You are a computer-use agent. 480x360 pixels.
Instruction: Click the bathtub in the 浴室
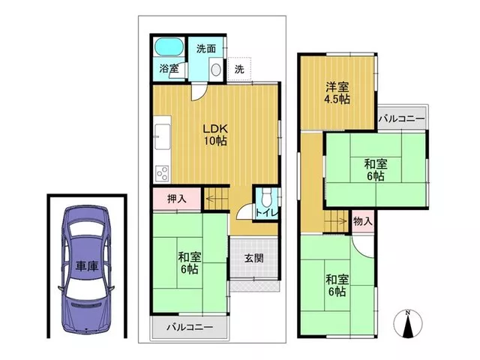click(x=169, y=46)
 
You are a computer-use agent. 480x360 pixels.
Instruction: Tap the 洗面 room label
click(x=206, y=48)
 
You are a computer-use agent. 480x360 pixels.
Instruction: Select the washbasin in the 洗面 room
click(x=216, y=70)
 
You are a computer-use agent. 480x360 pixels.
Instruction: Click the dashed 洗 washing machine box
click(x=239, y=69)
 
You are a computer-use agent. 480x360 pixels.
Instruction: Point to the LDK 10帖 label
click(x=215, y=134)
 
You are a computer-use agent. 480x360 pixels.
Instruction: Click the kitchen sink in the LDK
click(x=162, y=136)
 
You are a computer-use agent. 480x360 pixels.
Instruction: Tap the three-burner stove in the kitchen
click(x=163, y=173)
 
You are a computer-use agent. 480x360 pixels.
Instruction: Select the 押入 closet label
click(x=177, y=199)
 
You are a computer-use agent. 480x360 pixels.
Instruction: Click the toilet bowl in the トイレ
click(x=267, y=195)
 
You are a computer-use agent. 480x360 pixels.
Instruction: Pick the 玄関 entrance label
click(x=254, y=258)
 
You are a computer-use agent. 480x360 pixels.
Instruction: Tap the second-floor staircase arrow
click(x=336, y=220)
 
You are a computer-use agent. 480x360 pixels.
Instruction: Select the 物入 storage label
click(x=363, y=220)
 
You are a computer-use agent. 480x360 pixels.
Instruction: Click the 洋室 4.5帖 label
click(x=337, y=93)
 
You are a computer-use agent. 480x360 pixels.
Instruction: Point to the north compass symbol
click(x=407, y=324)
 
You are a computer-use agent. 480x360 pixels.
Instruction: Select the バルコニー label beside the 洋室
click(x=402, y=118)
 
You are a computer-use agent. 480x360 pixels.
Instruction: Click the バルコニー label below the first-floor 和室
click(x=190, y=327)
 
